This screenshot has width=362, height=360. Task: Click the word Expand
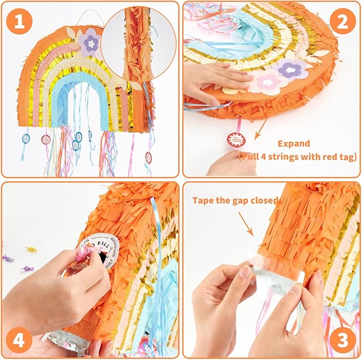click(293, 143)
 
